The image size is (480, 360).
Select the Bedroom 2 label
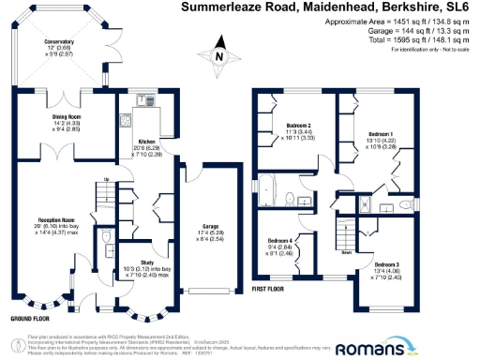pyautogui.click(x=298, y=125)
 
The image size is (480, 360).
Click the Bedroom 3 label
pyautogui.click(x=381, y=266)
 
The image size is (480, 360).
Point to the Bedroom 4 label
pyautogui.click(x=282, y=241)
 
